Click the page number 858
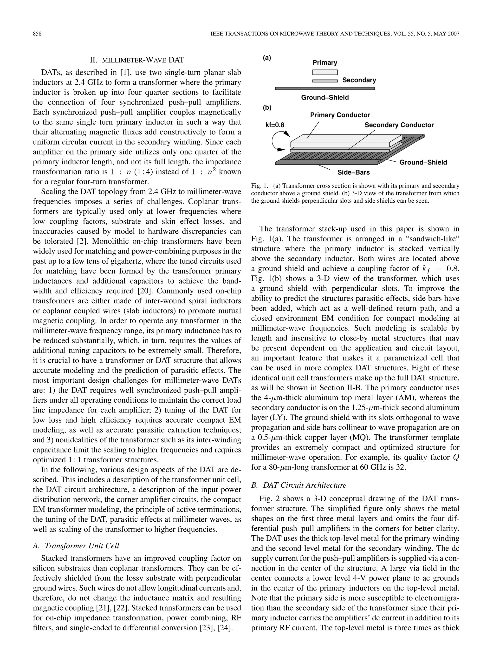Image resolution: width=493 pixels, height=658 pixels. point(37,34)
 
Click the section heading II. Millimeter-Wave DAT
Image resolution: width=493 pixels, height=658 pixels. point(137,60)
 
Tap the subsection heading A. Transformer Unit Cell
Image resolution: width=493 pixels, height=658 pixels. point(76,545)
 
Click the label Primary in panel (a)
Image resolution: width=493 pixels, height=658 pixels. point(325,62)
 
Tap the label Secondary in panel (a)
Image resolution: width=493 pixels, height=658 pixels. point(359,80)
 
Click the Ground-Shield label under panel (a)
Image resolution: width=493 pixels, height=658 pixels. point(325,98)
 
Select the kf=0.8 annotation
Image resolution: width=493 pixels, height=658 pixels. point(275,125)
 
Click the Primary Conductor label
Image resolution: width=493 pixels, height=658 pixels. point(340,115)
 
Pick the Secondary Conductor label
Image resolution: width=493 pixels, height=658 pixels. point(399,125)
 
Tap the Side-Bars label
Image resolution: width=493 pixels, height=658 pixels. point(353,172)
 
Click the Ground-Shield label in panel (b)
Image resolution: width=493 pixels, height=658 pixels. point(423,162)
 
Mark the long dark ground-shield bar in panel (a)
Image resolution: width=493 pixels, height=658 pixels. point(325,88)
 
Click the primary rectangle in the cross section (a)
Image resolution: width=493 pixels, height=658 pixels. point(325,72)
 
